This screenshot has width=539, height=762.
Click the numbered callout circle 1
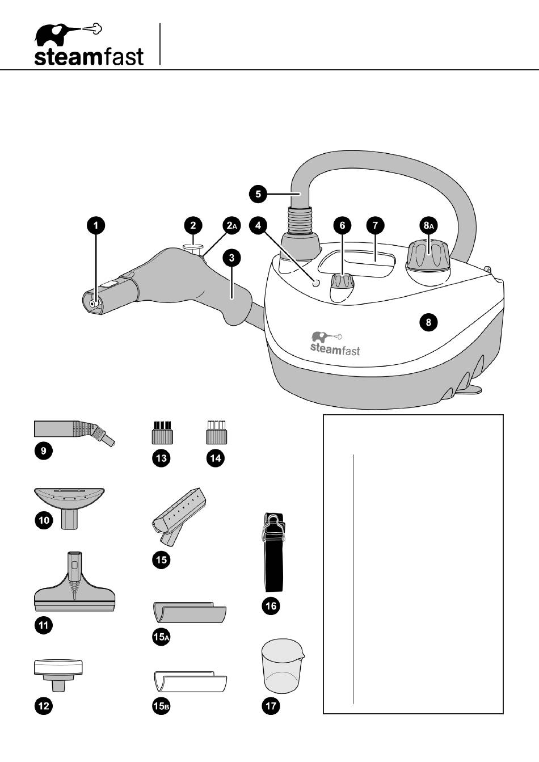(x=96, y=225)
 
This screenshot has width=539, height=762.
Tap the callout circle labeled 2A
(x=231, y=225)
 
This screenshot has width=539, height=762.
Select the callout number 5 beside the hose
(x=258, y=194)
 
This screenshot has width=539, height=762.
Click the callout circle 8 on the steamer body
(x=428, y=322)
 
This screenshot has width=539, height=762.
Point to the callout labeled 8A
(x=429, y=225)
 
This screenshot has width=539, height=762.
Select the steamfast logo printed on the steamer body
(x=335, y=344)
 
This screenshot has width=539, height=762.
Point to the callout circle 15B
(x=161, y=706)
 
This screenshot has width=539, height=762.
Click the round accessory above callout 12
(x=59, y=672)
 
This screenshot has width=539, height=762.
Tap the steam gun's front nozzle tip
(x=92, y=303)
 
